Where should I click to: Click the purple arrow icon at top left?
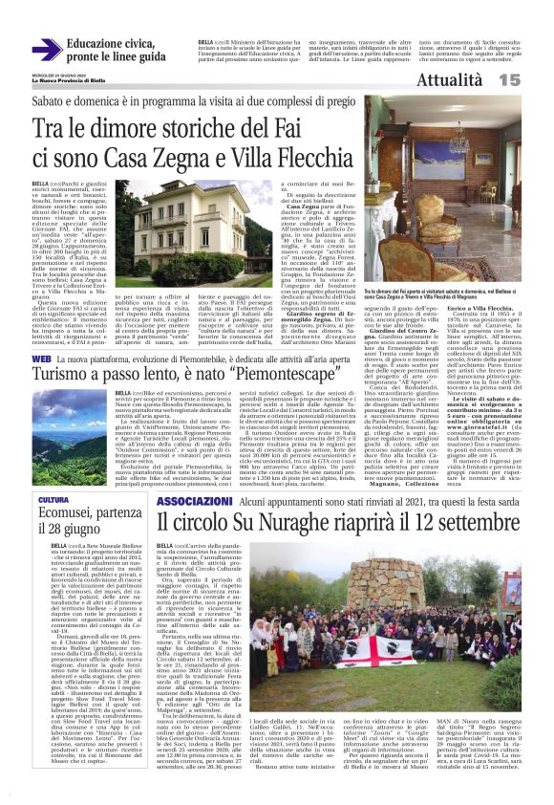pyautogui.click(x=46, y=51)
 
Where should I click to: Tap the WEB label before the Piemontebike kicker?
pyautogui.click(x=41, y=358)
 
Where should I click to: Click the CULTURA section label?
pyautogui.click(x=53, y=500)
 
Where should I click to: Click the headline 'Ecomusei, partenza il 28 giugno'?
pyautogui.click(x=78, y=524)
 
